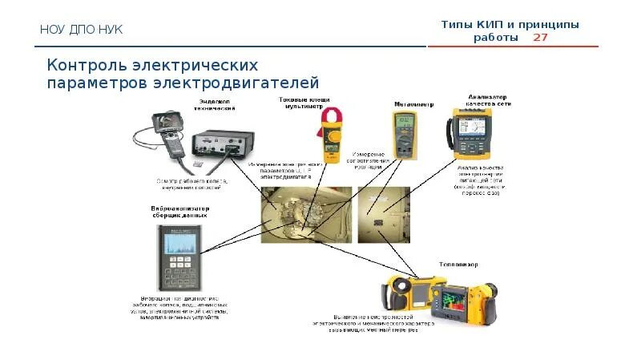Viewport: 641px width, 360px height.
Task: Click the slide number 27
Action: coord(541,38)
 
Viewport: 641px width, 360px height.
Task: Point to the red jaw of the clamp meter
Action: coord(330,117)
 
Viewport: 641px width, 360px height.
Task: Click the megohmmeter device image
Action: coord(403,132)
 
